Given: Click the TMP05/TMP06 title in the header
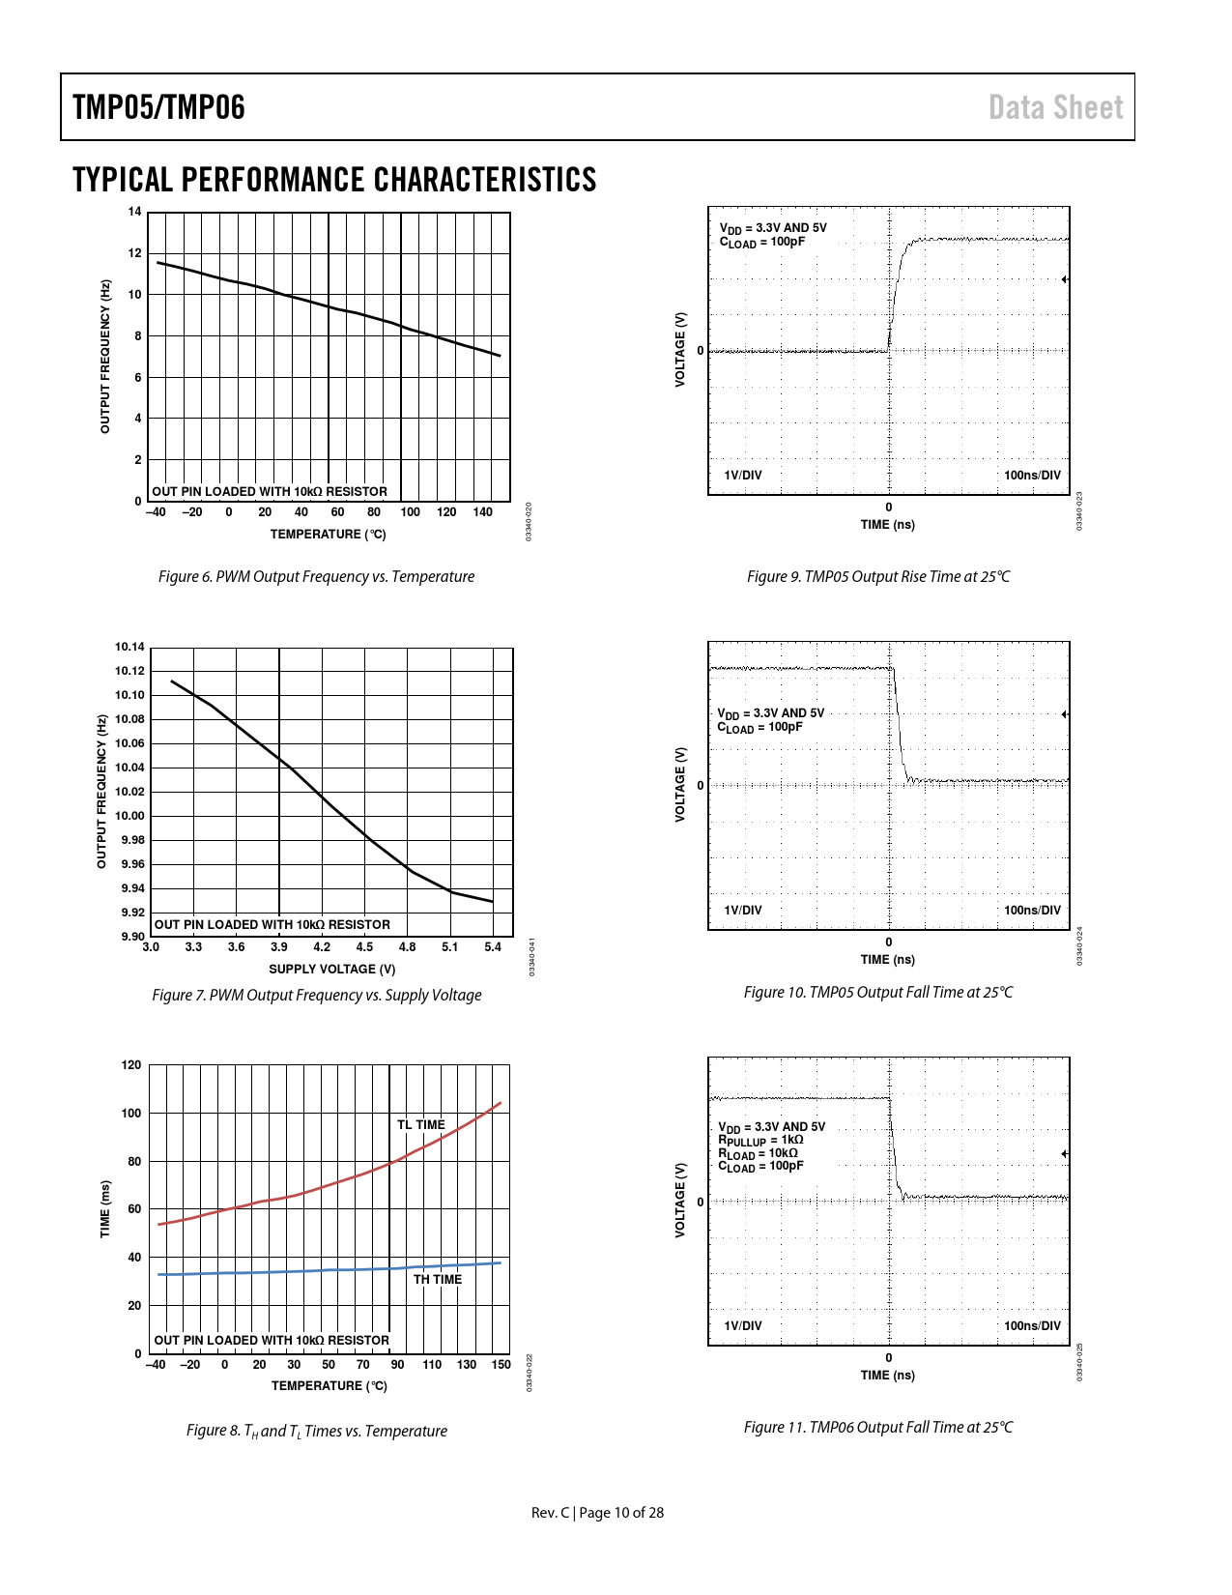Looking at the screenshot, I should (158, 107).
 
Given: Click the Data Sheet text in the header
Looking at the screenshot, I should (1055, 107).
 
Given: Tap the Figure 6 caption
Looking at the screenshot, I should (316, 577).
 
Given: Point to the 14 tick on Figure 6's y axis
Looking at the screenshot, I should (134, 212).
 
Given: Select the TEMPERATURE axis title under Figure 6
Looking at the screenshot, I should (328, 535).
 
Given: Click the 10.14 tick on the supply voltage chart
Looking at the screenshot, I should (129, 647).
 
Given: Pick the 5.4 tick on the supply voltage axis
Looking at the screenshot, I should (493, 947).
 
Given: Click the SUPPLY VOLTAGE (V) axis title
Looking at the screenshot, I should (331, 970).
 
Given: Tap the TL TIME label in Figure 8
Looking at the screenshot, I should (421, 1125).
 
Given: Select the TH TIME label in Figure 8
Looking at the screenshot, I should (438, 1280).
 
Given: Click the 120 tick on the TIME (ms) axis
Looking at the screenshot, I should (131, 1065).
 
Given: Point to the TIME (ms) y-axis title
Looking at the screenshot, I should (105, 1208).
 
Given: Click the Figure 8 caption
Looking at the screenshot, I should (316, 1432).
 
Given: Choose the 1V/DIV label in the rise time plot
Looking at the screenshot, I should (743, 476).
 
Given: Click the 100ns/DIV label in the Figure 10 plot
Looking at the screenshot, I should (1032, 911).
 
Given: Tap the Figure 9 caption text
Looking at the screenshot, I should (878, 577).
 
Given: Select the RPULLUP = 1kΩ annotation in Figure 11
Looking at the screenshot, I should (760, 1141).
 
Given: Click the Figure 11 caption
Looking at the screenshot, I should (878, 1428).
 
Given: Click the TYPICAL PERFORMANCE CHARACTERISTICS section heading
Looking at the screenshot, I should (334, 181).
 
